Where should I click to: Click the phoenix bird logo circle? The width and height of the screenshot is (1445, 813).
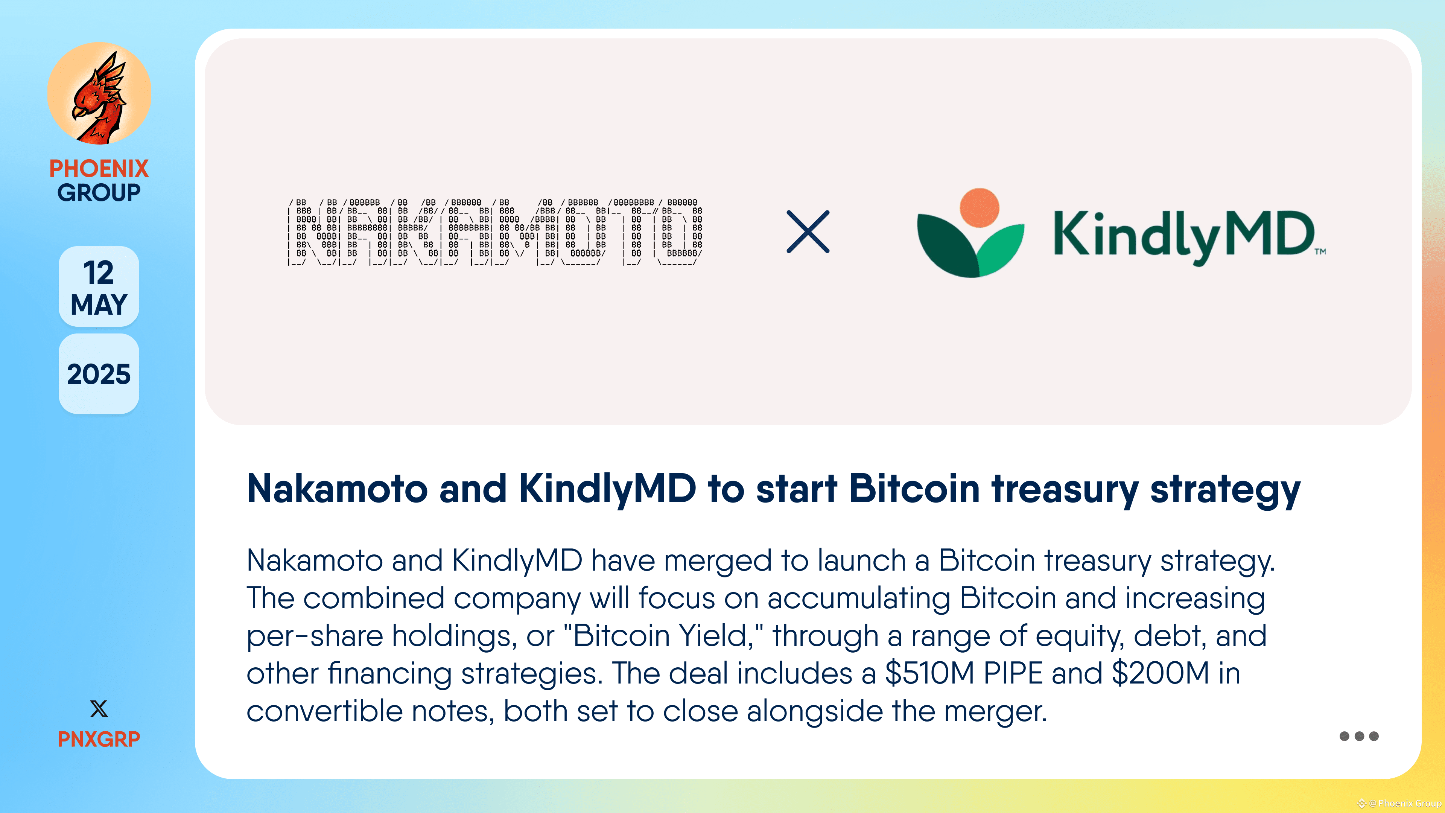click(99, 94)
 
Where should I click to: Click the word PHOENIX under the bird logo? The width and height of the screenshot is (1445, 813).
click(99, 168)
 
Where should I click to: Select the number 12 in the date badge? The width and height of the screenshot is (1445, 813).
click(99, 273)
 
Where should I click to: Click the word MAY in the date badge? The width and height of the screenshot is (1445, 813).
click(99, 304)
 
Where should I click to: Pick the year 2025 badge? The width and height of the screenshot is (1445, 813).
click(99, 374)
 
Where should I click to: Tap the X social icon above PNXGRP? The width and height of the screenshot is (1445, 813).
click(99, 709)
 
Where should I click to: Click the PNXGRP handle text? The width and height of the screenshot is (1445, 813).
click(99, 739)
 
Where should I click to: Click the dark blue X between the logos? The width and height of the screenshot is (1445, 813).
click(808, 232)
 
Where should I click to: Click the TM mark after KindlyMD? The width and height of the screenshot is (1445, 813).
click(1320, 251)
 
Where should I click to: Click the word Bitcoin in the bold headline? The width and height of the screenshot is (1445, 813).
click(914, 489)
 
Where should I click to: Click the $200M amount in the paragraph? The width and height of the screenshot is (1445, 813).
click(1160, 673)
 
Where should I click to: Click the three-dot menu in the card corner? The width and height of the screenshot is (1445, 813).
click(1358, 736)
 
